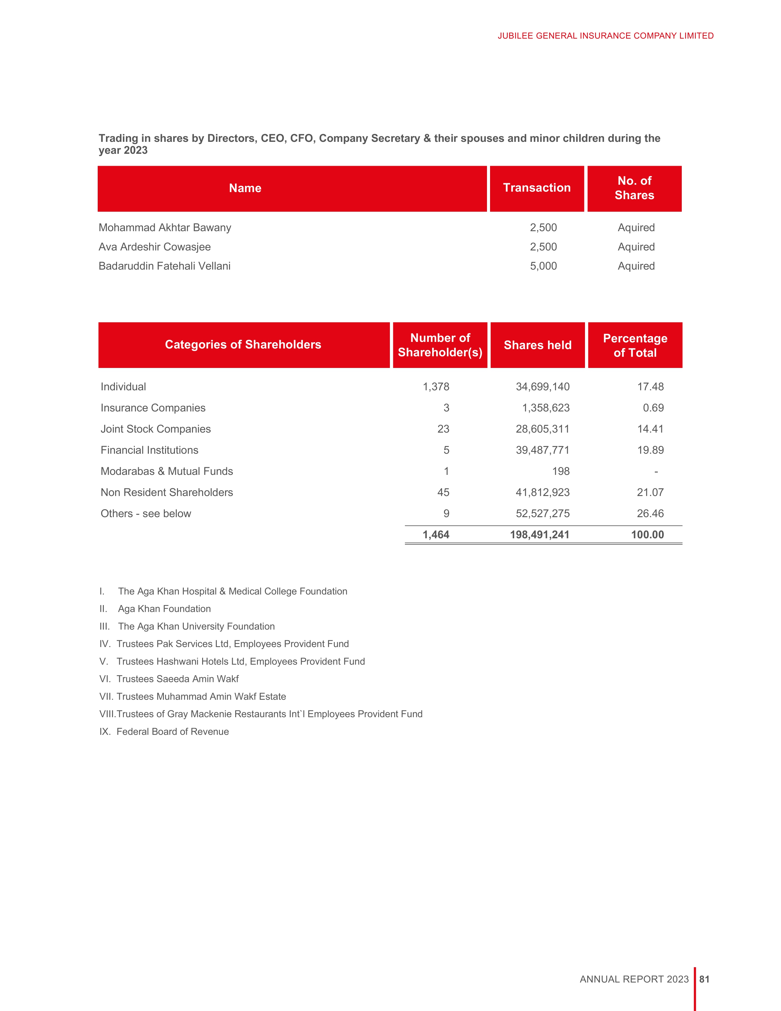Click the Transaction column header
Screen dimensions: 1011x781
click(537, 188)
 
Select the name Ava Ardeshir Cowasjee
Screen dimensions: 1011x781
click(155, 247)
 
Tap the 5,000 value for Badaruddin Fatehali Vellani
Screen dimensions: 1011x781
click(543, 266)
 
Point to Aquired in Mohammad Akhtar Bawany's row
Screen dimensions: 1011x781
click(636, 228)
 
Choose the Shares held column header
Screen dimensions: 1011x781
click(538, 345)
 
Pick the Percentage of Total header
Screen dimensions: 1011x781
click(635, 345)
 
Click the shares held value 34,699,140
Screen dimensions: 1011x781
click(543, 387)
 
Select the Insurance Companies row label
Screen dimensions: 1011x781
click(153, 408)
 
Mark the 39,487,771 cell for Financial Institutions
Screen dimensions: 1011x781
click(543, 450)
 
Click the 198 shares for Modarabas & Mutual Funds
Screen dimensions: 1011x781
click(561, 471)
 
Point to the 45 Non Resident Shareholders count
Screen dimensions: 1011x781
click(443, 493)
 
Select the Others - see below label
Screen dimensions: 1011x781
click(146, 514)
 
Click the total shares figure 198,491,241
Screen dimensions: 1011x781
click(539, 535)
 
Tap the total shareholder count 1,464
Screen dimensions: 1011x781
click(436, 535)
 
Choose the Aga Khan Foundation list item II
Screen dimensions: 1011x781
click(164, 609)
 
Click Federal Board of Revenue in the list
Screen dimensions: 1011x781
click(172, 732)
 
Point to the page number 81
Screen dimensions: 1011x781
click(704, 979)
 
